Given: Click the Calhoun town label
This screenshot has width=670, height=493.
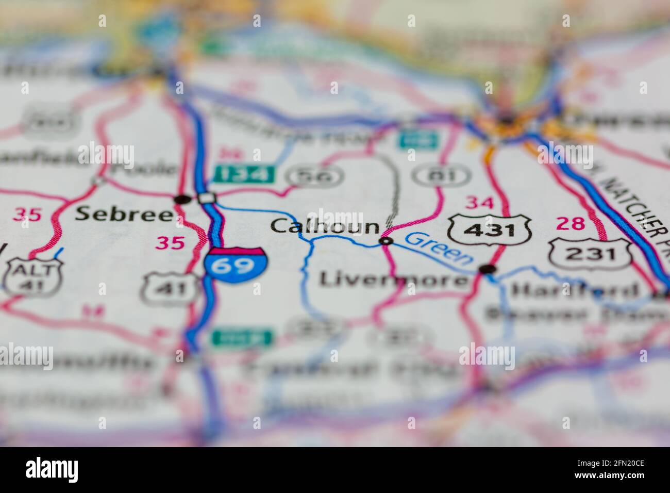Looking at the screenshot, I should (325, 226).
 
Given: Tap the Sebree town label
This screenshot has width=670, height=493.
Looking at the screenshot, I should (124, 215).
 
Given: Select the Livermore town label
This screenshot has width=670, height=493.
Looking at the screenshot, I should (393, 280).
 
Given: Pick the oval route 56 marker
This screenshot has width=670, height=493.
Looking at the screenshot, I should (316, 176).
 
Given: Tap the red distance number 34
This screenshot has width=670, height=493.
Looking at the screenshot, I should (479, 203).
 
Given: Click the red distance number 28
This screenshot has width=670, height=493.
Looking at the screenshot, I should (571, 224).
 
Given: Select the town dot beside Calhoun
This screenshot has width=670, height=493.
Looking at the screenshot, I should (386, 241).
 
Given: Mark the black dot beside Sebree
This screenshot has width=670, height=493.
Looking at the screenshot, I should (181, 199).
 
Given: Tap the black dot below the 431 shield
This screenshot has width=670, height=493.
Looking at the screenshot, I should (487, 269).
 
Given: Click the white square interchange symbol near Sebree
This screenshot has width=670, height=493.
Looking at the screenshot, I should (207, 198).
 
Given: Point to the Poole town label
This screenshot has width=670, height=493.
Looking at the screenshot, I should (150, 169).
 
